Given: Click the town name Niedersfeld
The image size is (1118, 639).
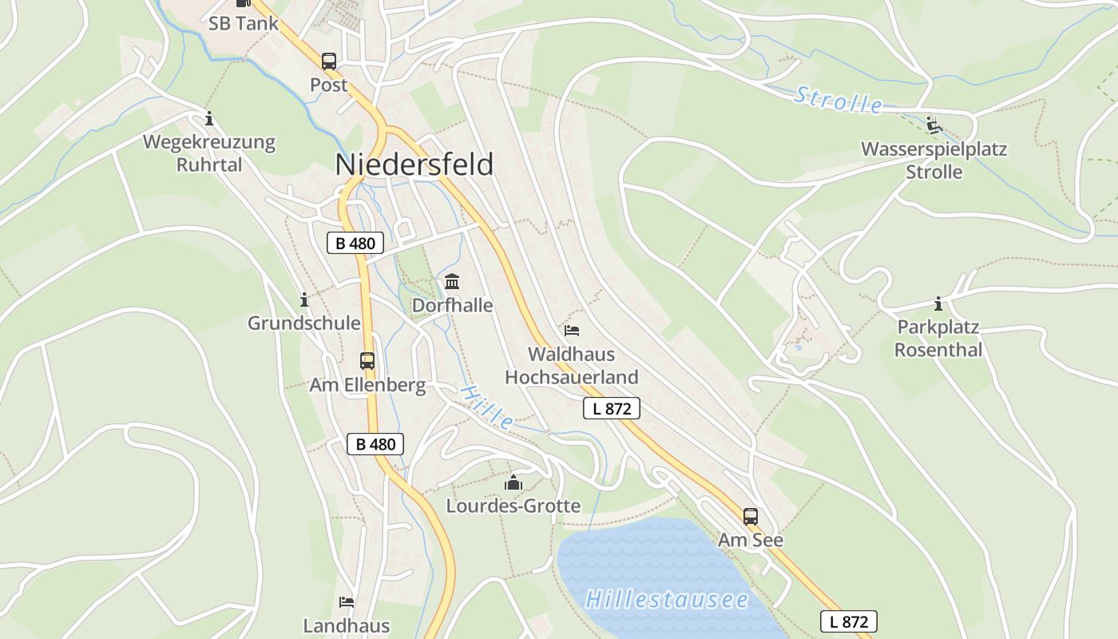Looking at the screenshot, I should (414, 165).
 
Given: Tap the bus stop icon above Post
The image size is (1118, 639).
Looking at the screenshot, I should (328, 62).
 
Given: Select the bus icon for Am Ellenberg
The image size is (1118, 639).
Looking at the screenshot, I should (367, 361).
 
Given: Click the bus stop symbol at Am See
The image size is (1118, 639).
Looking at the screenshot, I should (750, 517).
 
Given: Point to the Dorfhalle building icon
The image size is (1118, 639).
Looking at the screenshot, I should (452, 281).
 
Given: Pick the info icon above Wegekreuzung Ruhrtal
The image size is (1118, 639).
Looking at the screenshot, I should (209, 119).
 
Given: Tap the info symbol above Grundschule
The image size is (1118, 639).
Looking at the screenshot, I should (303, 300).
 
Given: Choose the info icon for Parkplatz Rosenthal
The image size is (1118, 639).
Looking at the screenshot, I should (938, 304).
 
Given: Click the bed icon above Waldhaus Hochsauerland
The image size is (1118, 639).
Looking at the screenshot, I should (571, 330).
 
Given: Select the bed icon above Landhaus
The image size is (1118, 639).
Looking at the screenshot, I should (346, 601).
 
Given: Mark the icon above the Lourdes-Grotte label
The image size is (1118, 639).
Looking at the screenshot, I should (513, 482).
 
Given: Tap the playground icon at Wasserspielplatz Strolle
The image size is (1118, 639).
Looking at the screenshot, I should (934, 125).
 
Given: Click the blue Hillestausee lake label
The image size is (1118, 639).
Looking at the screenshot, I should (667, 599).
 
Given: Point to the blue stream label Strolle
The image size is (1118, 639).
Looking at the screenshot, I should (838, 101).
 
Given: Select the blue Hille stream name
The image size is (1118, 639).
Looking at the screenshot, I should (486, 407).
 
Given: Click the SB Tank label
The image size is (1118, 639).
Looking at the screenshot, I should (244, 23).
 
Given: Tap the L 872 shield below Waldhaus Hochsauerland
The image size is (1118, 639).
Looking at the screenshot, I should (612, 409).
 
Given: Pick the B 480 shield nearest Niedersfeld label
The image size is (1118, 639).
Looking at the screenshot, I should (355, 244).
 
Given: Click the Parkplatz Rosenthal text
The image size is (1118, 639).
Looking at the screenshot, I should (938, 339).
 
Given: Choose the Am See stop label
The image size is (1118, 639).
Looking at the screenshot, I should (750, 541).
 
